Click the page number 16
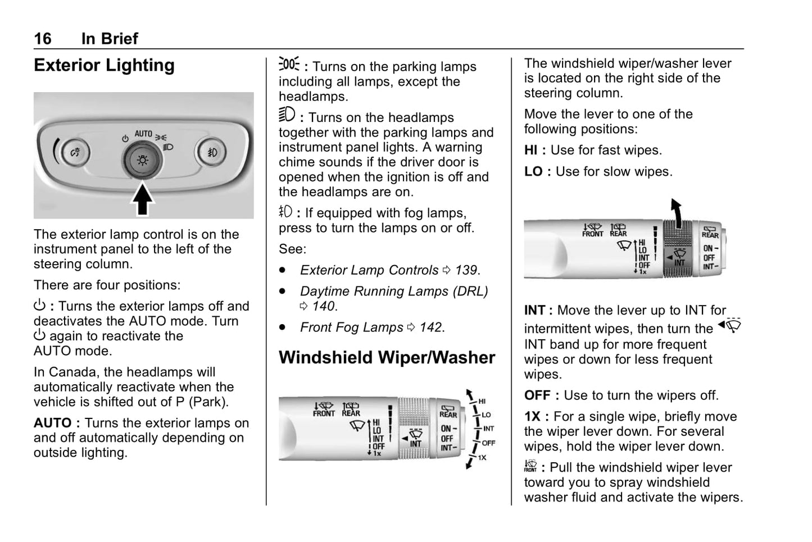[42, 38]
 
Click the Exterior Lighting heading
[104, 65]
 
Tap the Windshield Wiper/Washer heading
[387, 358]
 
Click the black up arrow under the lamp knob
[143, 200]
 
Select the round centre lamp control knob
[142, 161]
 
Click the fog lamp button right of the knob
[212, 152]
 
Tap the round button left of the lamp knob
[75, 152]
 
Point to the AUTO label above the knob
[143, 134]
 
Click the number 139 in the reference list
[466, 270]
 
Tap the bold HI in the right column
[530, 151]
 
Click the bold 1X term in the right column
[532, 417]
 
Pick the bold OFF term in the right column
[537, 395]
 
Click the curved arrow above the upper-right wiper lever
[677, 212]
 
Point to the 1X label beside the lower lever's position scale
[482, 457]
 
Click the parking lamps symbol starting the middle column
[289, 64]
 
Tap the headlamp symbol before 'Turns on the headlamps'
[287, 115]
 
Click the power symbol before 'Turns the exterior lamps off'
[39, 306]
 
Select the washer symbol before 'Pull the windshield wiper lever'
[530, 466]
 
